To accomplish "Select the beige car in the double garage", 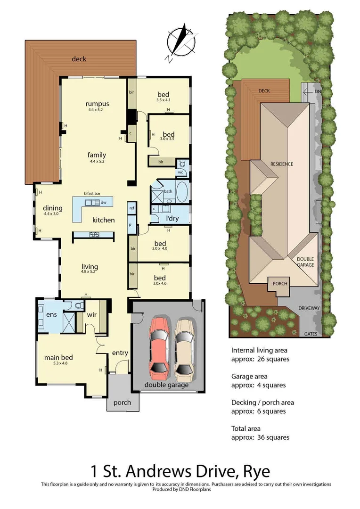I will [183, 349].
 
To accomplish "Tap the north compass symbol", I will [181, 42].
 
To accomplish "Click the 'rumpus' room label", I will [97, 104].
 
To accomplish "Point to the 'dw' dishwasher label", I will [103, 202].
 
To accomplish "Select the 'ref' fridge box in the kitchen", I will [132, 208].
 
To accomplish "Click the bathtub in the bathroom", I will [181, 193].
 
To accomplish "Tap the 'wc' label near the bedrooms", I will [180, 172].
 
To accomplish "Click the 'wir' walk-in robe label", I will [91, 314].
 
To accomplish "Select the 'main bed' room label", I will [58, 357].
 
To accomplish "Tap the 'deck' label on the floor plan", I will [79, 59].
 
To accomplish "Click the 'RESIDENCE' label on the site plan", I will [281, 164].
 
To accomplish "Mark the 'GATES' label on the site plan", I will [311, 334].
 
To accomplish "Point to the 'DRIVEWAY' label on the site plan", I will [309, 308].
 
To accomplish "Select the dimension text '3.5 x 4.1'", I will [163, 100].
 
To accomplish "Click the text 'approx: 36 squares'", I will [260, 437].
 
